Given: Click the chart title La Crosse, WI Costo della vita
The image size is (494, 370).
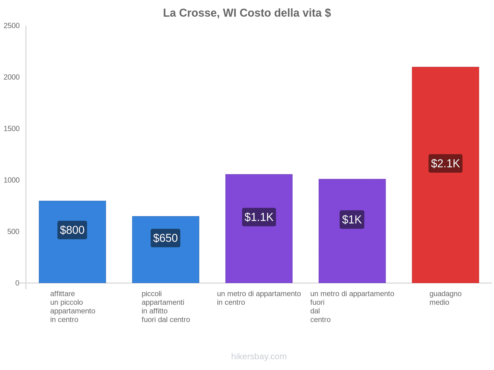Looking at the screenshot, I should [247, 13].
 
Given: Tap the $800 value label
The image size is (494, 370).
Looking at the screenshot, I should [72, 230].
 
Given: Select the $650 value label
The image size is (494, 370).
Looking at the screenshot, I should [165, 238].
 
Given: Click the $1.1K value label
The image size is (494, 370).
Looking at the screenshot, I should [259, 217].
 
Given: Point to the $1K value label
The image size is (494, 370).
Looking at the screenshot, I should [352, 220].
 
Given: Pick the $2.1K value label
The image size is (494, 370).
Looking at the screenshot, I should [445, 163].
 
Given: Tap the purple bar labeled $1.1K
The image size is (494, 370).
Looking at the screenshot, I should [259, 253].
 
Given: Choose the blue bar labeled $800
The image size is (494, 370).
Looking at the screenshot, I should [72, 262].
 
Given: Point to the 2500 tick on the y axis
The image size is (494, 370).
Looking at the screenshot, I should [12, 26].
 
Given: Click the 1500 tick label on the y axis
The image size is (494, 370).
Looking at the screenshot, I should [12, 129].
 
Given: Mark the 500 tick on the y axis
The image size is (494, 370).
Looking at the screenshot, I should [14, 232].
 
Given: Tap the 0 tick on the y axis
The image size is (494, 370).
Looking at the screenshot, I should [17, 283].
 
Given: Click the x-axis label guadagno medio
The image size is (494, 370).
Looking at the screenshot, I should [445, 298].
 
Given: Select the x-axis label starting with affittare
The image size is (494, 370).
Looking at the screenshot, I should [73, 306].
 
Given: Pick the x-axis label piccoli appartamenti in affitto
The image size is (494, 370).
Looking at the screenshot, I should [166, 306].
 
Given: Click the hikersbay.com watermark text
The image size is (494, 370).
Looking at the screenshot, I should [259, 356].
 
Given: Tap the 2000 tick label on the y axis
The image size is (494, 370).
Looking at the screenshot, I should [12, 77].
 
